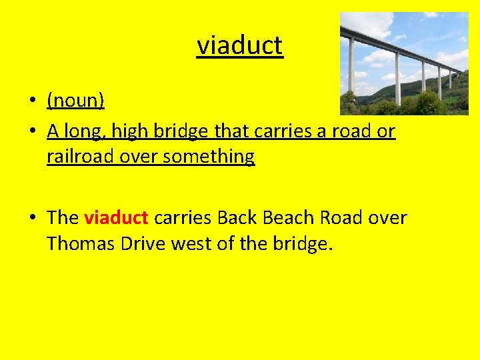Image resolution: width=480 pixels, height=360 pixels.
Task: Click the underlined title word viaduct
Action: (x=240, y=46)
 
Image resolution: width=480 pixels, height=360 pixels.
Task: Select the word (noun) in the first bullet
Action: (x=75, y=101)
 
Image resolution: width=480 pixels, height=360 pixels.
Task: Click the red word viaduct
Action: (x=116, y=218)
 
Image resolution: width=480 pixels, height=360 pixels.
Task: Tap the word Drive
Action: (x=143, y=244)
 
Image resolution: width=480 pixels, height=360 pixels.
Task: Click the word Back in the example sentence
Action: (x=238, y=218)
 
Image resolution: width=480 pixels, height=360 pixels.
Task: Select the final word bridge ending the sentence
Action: (x=299, y=244)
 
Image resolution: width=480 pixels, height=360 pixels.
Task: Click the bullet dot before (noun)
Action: (x=31, y=102)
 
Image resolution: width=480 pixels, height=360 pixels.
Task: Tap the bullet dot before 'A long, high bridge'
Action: (x=31, y=132)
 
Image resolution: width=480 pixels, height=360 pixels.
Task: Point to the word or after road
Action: (x=386, y=131)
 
